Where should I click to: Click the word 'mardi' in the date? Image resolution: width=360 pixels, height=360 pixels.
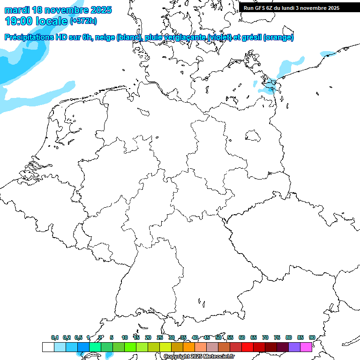coord(17,10)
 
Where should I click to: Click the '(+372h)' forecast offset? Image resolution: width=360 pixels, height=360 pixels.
coord(83,21)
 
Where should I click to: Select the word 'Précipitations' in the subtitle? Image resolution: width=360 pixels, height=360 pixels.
coord(30,37)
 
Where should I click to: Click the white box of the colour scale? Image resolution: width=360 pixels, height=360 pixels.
coord(48,347)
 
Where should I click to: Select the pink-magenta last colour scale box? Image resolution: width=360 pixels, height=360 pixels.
coord(306,347)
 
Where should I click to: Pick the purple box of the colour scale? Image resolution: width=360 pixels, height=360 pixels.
coord(294,347)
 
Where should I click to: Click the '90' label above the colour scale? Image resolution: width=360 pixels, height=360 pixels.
coord(312,337)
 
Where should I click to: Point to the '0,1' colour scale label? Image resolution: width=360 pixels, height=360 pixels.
coord(55,337)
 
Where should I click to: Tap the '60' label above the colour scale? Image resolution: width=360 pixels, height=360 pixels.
coord(242,337)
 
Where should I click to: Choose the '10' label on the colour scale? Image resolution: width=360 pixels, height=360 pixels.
coord(125,337)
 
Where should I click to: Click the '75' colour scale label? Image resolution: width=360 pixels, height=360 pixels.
coord(277,337)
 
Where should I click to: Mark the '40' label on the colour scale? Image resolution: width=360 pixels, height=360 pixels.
coord(195,337)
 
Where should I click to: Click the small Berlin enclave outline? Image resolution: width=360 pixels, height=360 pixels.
coord(254,136)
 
